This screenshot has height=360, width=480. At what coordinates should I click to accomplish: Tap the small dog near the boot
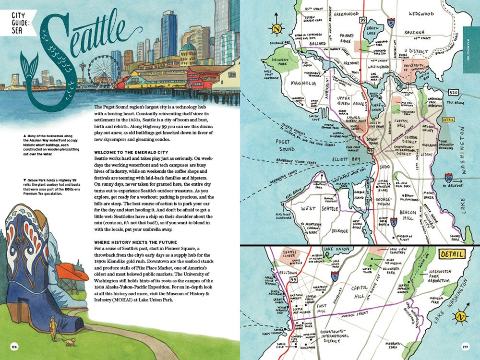coord(71,341)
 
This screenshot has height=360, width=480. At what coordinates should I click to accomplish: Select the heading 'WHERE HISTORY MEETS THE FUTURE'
coord(136,241)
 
